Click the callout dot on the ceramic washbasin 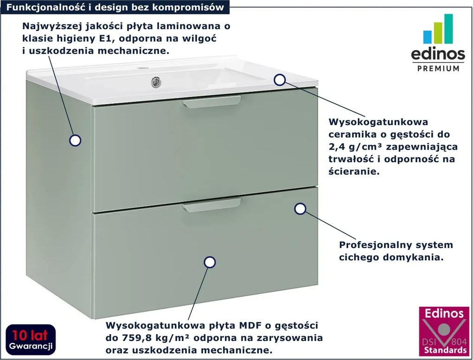(279, 80)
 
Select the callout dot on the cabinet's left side (75, 140)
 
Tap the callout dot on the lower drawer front (210, 262)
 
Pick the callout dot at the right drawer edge (300, 209)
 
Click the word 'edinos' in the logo (437, 54)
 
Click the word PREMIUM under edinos (437, 68)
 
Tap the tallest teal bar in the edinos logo (448, 29)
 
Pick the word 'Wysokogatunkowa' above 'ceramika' (378, 122)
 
